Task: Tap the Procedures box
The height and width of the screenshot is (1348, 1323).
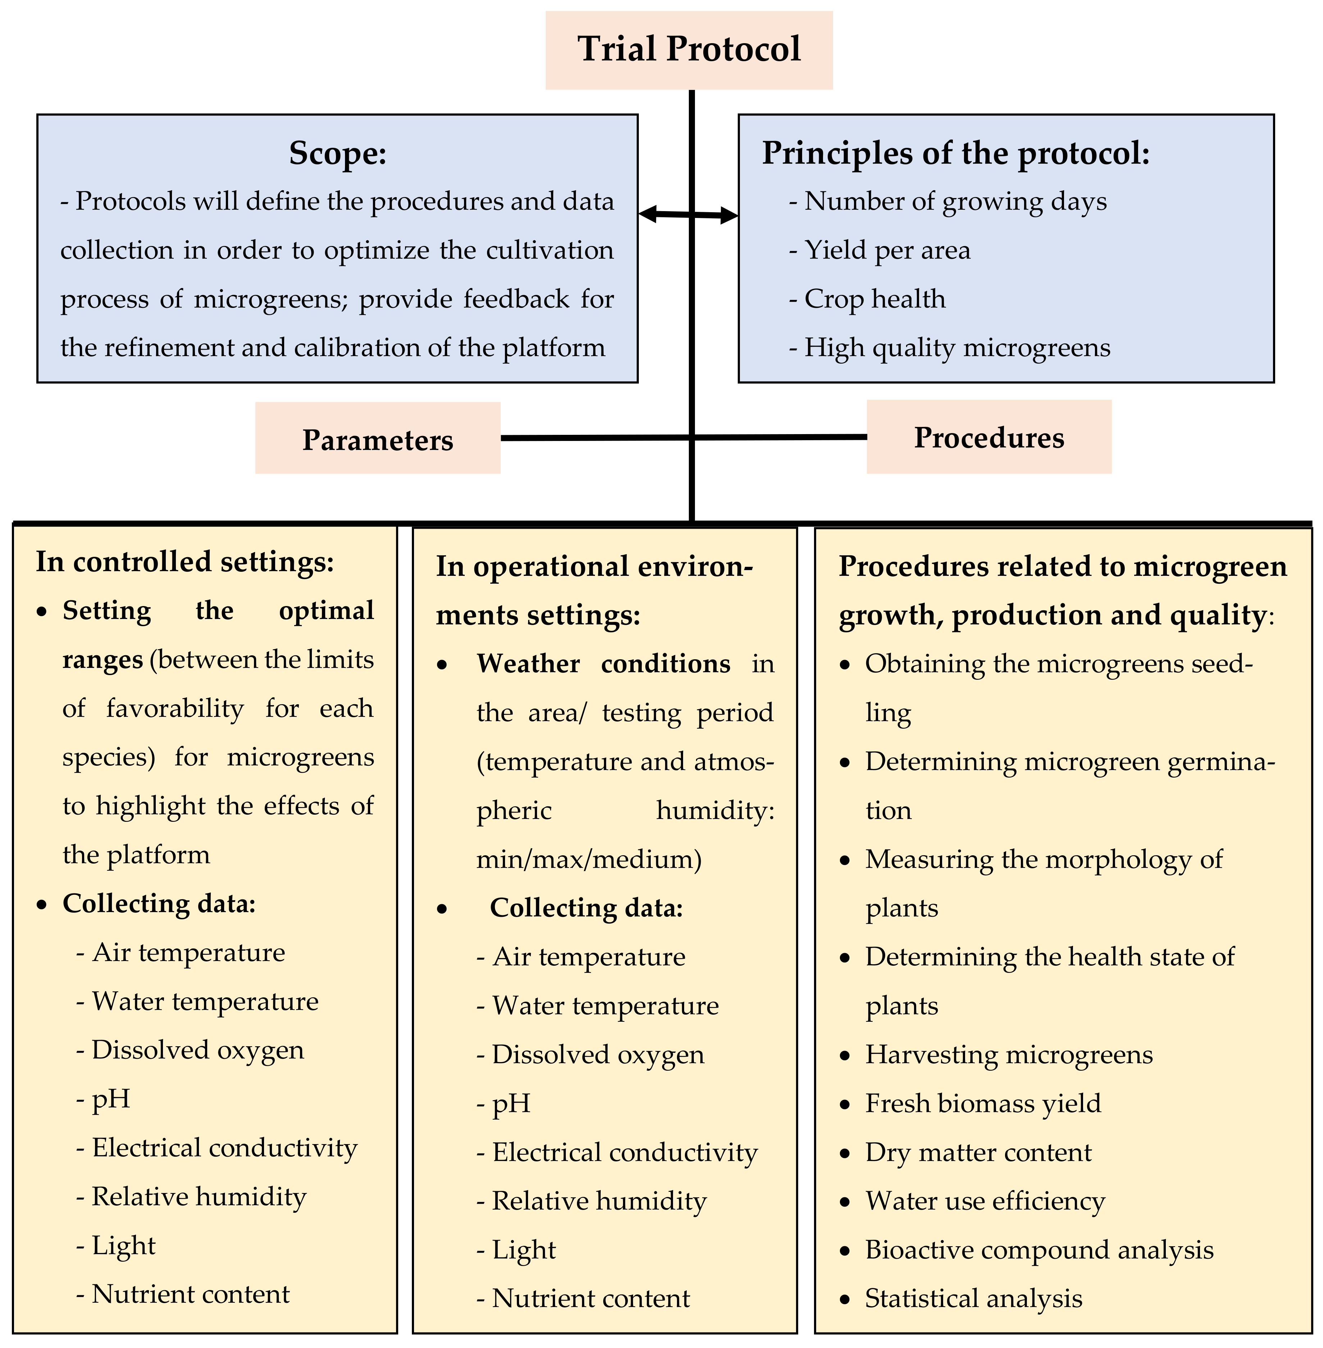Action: click(x=989, y=437)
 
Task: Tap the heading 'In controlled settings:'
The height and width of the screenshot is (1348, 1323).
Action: click(x=185, y=561)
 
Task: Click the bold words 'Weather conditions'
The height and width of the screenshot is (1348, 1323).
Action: click(x=603, y=664)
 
